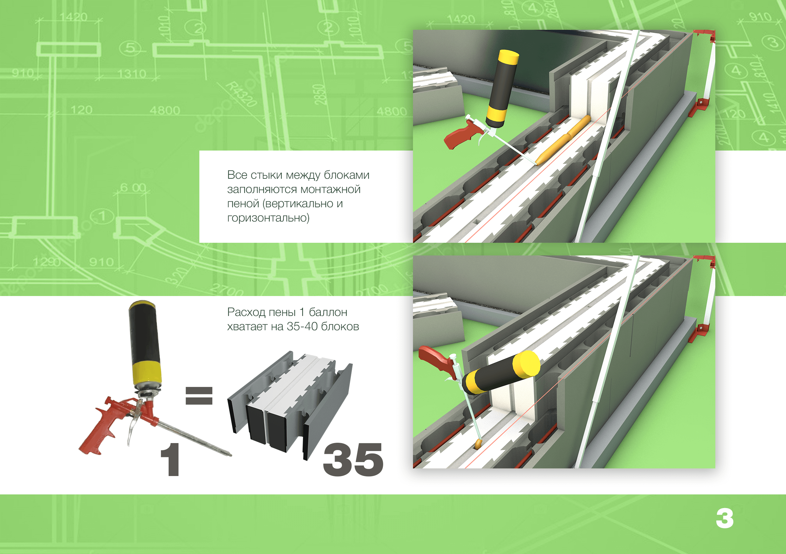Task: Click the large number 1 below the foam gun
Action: point(171,459)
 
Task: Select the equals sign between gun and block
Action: point(199,396)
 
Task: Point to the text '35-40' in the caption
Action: point(302,326)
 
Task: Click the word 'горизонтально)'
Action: point(268,218)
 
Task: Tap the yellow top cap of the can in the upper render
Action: point(508,56)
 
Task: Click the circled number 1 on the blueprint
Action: point(102,216)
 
